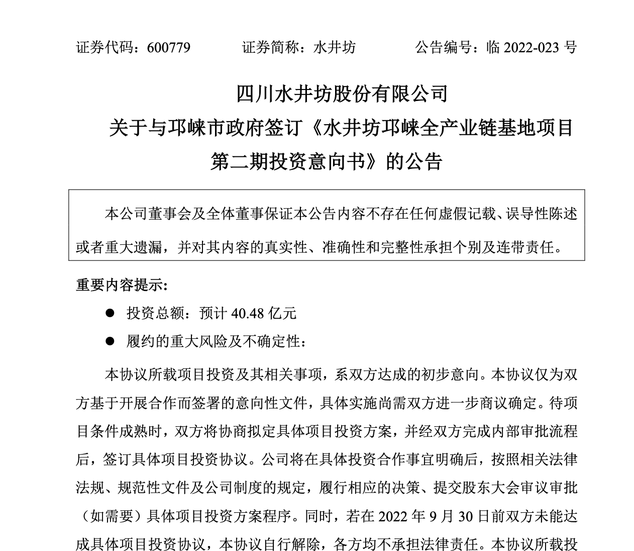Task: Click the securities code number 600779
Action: click(169, 48)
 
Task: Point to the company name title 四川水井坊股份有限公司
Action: click(342, 94)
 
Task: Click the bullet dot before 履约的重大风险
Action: click(110, 341)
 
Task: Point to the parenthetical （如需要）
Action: click(112, 516)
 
